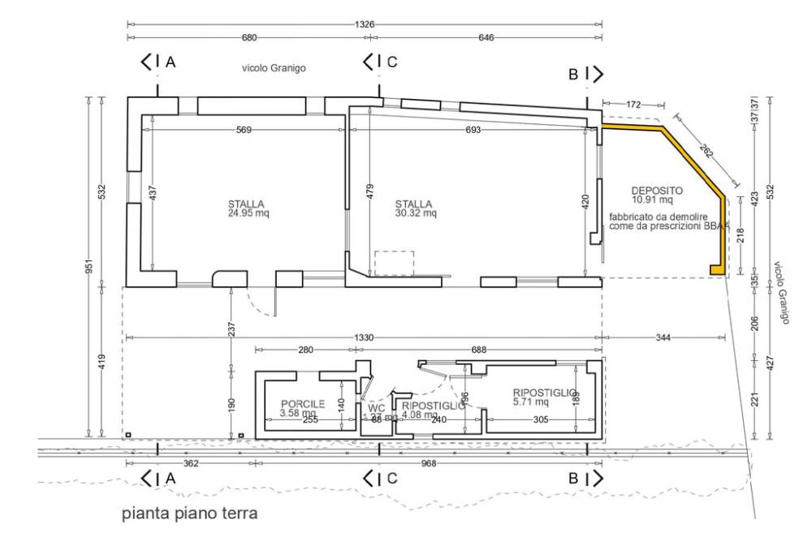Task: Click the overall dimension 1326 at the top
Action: point(365,24)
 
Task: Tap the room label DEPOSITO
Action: point(656,191)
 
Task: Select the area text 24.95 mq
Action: point(248,214)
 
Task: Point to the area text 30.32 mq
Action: point(416,214)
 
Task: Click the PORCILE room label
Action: point(303,404)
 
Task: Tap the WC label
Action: point(376,408)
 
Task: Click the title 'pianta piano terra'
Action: point(189,513)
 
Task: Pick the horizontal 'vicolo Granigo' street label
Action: point(273,69)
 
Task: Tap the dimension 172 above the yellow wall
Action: point(634,105)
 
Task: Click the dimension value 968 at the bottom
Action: point(490,464)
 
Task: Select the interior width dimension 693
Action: point(473,130)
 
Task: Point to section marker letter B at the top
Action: point(573,75)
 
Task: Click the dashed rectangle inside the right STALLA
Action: point(394,263)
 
